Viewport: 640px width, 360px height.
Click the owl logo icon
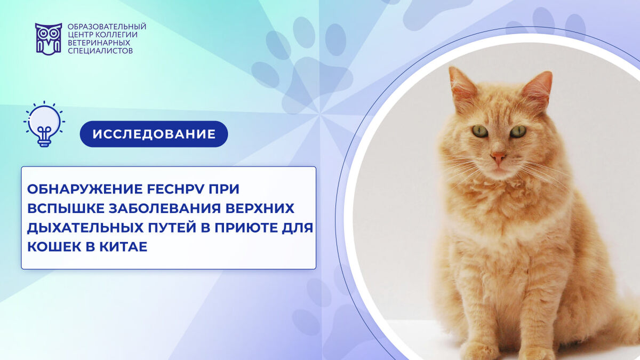(49, 39)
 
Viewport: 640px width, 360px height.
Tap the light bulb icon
(44, 124)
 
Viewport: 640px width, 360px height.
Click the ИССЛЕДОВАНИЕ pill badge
(154, 134)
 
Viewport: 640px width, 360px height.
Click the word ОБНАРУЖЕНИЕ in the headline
(85, 189)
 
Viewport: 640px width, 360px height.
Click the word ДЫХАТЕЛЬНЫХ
(85, 228)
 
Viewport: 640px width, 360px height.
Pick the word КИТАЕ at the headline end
(123, 247)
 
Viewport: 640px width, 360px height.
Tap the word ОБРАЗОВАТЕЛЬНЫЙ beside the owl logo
(107, 27)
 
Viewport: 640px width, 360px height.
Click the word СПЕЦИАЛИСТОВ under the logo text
(100, 51)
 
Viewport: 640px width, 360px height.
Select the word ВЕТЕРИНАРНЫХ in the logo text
(99, 43)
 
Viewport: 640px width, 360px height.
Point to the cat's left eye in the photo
(479, 131)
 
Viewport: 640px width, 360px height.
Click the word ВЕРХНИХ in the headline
(260, 209)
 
